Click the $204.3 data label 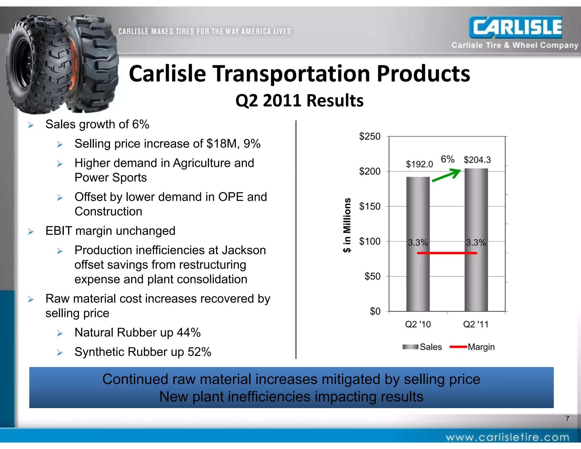click(477, 160)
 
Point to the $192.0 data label click(419, 164)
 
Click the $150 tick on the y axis click(370, 206)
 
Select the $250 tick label click(370, 137)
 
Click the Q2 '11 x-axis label click(476, 324)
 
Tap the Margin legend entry click(472, 347)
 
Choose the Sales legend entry click(422, 347)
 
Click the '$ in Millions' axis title click(347, 225)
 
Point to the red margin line click(447, 253)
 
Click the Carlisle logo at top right click(515, 27)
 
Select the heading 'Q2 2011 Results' click(299, 100)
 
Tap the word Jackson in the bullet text click(244, 250)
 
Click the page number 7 click(567, 418)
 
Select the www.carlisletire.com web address click(507, 437)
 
